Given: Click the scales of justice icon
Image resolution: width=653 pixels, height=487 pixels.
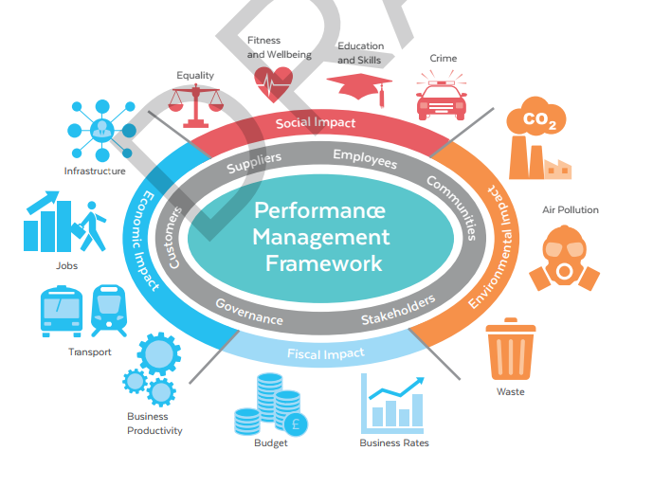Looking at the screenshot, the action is (x=195, y=106).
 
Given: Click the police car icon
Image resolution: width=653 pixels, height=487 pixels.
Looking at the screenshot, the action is (x=442, y=96).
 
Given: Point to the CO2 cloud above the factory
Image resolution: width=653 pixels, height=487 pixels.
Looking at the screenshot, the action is (x=536, y=117).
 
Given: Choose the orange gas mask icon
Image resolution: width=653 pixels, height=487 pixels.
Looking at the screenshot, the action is (x=564, y=258).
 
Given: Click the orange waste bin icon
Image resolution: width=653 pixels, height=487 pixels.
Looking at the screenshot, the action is (x=511, y=349).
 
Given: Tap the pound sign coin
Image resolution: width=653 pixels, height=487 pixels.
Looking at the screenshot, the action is (x=296, y=424).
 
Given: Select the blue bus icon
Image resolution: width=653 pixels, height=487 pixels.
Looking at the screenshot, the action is (x=62, y=311).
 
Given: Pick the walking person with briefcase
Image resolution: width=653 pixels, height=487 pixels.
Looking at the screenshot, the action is (x=91, y=226).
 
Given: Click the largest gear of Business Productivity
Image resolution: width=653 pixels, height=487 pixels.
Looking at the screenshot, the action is (x=159, y=354).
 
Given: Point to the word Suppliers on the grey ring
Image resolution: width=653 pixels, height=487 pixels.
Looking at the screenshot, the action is (x=254, y=162).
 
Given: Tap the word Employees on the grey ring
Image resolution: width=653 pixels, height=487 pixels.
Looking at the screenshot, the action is (x=365, y=158).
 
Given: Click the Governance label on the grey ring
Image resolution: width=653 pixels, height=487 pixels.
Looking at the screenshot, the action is (x=249, y=312).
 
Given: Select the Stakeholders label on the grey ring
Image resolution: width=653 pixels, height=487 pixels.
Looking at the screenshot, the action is (x=398, y=310).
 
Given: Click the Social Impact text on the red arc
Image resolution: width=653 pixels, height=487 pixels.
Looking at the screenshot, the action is (x=316, y=123).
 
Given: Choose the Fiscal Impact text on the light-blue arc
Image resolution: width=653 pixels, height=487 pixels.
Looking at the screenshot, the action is (x=326, y=353).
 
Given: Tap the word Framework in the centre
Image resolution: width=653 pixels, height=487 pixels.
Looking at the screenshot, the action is (x=323, y=263).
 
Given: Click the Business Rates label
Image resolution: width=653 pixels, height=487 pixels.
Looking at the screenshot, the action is (x=394, y=442).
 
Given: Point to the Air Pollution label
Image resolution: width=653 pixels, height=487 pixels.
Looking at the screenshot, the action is (x=571, y=209).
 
